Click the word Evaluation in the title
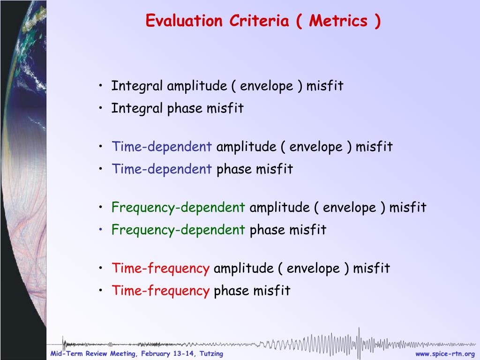pos(184,21)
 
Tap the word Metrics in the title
pos(338,21)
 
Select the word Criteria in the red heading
pos(259,21)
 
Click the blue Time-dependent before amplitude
pos(162,146)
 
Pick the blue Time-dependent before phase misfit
pos(162,169)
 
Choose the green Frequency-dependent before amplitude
pos(178,208)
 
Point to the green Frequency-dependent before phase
pos(178,230)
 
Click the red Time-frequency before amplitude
pos(161,269)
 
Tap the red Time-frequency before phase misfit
pos(161,291)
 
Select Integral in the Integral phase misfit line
pos(137,108)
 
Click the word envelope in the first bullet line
pos(266,86)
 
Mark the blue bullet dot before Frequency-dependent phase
pos(101,229)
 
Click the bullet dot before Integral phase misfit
pos(101,107)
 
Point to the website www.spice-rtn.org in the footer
pos(445,354)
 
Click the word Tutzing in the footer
pos(211,354)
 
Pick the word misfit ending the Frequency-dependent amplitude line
pos(408,207)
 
